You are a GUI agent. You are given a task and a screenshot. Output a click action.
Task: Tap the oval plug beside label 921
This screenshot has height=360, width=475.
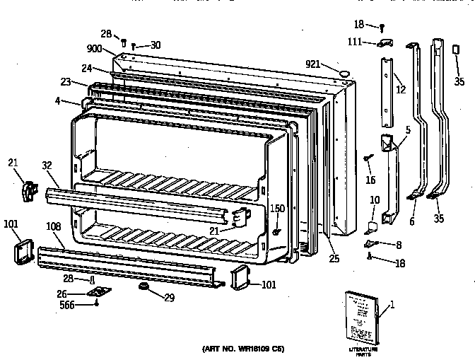(x=343, y=72)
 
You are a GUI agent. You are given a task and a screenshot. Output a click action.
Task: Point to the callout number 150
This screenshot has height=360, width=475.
(x=278, y=209)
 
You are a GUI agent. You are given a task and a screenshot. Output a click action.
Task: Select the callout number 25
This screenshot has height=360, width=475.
(x=334, y=259)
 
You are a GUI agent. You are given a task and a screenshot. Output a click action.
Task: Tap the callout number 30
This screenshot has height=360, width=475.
(x=155, y=45)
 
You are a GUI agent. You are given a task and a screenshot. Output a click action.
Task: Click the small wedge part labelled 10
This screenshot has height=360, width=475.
(x=371, y=228)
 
